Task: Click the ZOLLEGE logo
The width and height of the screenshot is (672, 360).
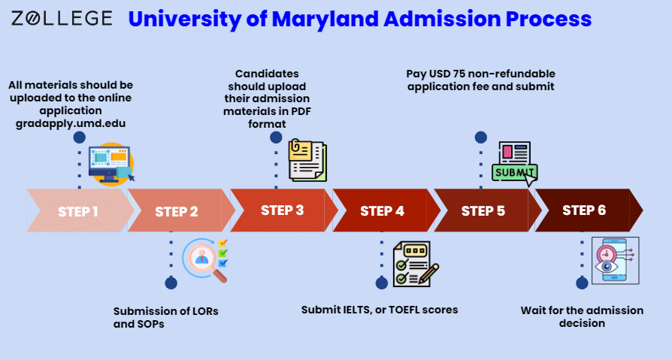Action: click(62, 18)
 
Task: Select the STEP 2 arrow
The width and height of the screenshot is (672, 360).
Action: click(177, 211)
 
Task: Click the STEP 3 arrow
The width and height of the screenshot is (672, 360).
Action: click(282, 210)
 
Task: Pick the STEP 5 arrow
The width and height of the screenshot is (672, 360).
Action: click(483, 211)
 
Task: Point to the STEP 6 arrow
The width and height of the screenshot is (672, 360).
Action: click(584, 210)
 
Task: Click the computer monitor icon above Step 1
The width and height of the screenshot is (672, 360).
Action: click(111, 163)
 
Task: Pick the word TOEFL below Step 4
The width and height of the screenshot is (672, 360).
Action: click(407, 310)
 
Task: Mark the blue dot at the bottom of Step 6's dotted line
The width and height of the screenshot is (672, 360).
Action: click(581, 283)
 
